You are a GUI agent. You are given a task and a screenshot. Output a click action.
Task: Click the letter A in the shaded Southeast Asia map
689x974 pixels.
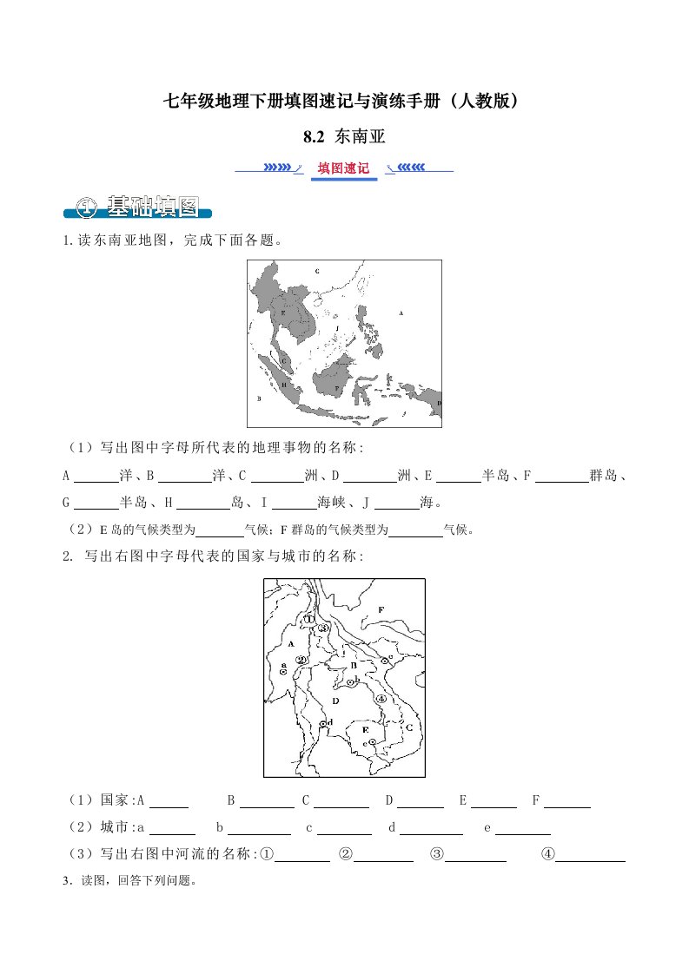(401, 313)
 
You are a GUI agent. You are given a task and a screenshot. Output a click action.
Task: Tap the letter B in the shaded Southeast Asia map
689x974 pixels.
(259, 398)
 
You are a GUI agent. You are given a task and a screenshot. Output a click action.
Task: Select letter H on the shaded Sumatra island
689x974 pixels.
(283, 384)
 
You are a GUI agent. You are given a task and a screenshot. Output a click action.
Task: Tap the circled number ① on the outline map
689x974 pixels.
(308, 619)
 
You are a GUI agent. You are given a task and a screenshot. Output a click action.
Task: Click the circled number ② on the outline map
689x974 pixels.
(301, 660)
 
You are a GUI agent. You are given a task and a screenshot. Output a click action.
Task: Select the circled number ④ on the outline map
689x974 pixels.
(381, 698)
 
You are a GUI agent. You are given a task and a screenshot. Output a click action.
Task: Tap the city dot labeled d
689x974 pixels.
(323, 723)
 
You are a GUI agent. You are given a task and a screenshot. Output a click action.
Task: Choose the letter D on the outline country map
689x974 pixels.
(335, 699)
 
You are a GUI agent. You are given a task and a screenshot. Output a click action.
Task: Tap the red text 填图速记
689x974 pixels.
(343, 168)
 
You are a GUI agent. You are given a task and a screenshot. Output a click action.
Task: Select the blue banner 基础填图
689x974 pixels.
(139, 207)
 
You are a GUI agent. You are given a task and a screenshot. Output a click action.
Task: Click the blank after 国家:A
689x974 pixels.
(169, 801)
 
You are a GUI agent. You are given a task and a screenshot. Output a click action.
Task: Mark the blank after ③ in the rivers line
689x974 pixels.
(475, 855)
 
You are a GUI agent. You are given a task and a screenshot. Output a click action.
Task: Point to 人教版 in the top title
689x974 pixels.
(489, 102)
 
